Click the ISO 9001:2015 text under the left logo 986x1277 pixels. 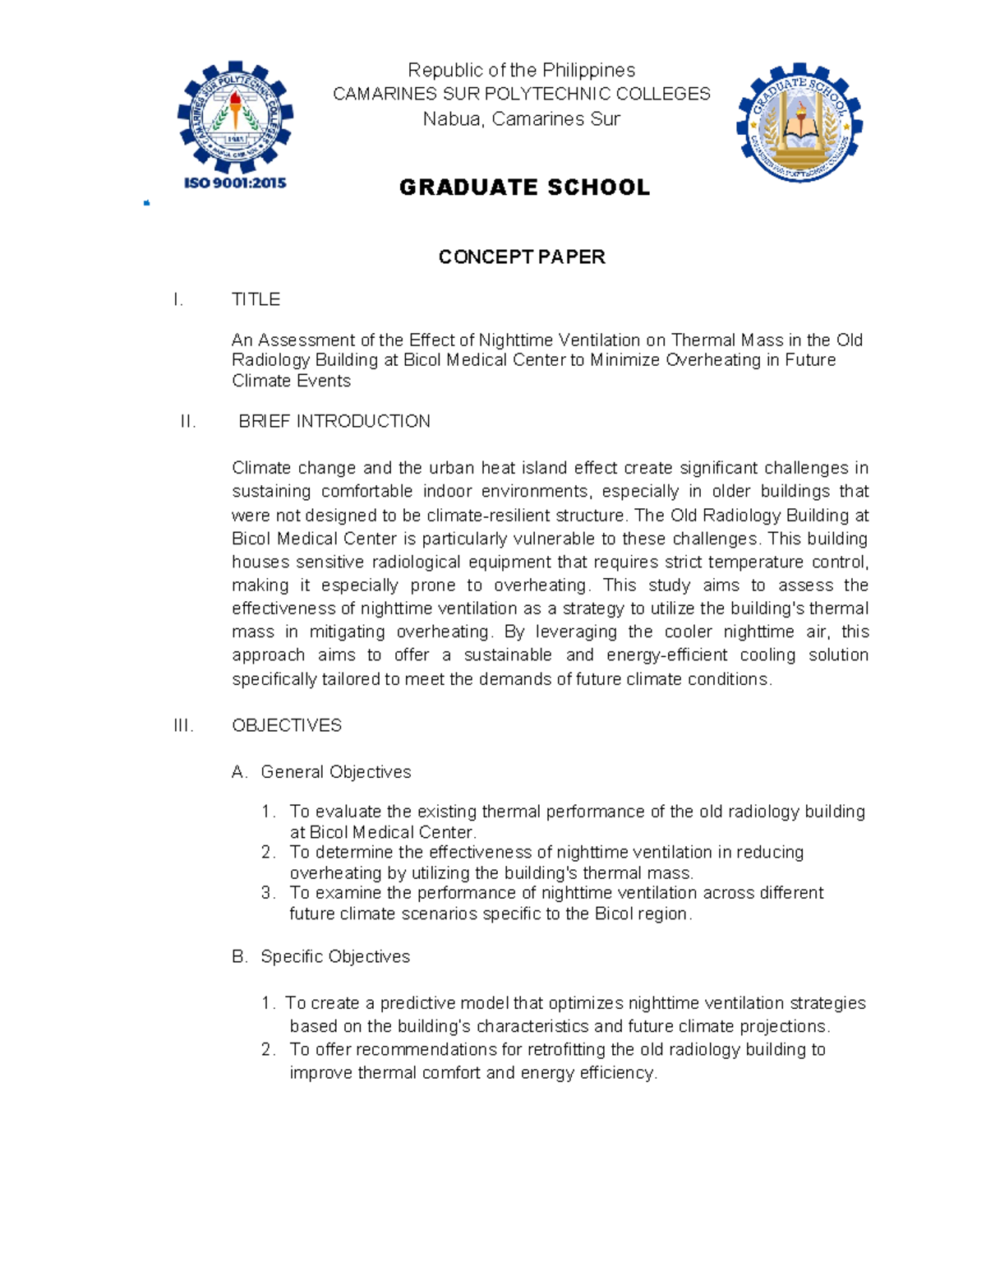tap(235, 183)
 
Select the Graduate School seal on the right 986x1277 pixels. tap(799, 122)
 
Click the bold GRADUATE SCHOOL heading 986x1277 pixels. tap(524, 187)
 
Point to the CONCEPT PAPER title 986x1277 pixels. tap(522, 257)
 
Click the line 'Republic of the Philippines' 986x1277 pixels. tap(522, 70)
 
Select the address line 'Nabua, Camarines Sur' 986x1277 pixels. tap(522, 119)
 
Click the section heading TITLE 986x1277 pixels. tap(256, 299)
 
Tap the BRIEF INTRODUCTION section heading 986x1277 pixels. tap(334, 422)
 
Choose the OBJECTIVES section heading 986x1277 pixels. tap(287, 725)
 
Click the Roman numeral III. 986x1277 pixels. tap(183, 725)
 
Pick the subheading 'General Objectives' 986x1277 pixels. tap(336, 772)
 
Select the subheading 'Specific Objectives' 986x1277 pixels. tap(335, 956)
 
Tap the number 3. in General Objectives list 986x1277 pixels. tap(268, 893)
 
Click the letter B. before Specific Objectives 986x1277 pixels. tap(240, 956)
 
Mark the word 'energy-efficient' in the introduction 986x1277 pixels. tap(666, 655)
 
